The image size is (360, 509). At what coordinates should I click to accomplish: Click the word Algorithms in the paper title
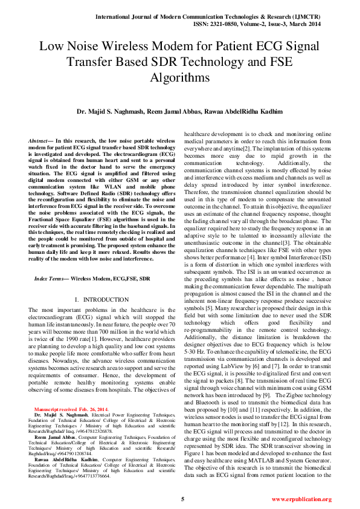(179, 78)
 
